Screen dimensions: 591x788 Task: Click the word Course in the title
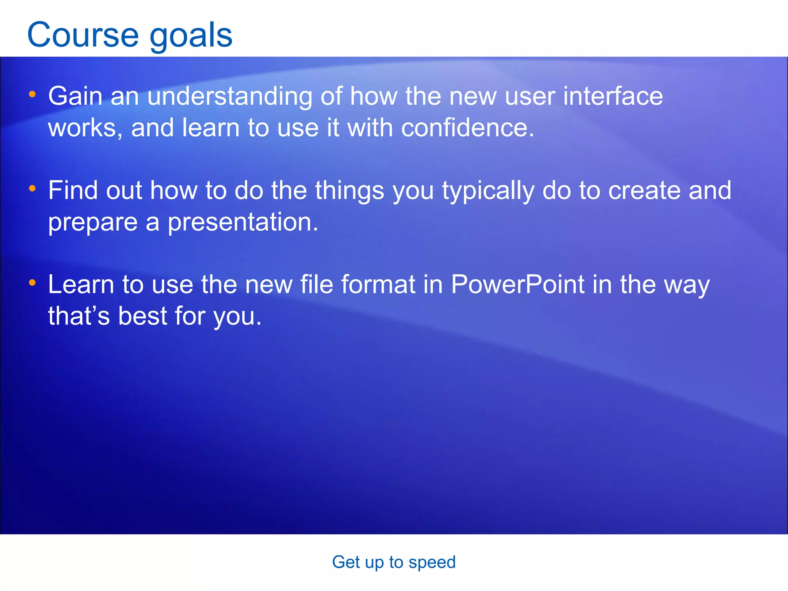[x=83, y=35]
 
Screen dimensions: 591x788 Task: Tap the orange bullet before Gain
[x=32, y=94]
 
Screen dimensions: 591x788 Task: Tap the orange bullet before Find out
[x=32, y=188]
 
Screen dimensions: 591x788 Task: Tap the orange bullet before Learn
[x=32, y=282]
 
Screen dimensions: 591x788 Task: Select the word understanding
[x=230, y=96]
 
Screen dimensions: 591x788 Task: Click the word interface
[x=613, y=96]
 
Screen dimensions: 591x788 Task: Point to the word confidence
[x=467, y=128]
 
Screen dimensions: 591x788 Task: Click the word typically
[x=488, y=191]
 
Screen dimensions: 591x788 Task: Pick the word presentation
[x=243, y=222]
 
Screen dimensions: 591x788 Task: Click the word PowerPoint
[x=518, y=285]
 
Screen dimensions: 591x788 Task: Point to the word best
[x=142, y=316]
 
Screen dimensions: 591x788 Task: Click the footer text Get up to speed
[x=394, y=562]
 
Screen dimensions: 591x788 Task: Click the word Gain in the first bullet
[x=75, y=96]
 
